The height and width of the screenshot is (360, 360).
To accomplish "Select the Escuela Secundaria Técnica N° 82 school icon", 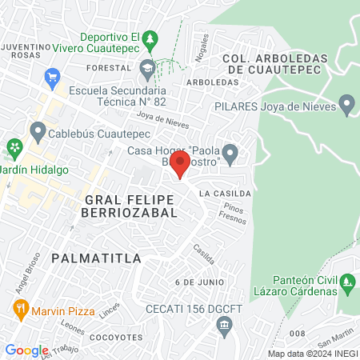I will tap(147, 69).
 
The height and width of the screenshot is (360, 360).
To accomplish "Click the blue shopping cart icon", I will tap(53, 76).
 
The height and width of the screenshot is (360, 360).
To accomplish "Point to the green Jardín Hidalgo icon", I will tap(14, 147).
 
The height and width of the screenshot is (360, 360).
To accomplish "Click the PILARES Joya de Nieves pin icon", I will tap(346, 105).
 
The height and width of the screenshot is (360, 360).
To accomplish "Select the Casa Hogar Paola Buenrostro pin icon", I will tap(230, 153).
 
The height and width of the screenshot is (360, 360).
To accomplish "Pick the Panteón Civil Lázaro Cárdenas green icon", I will tap(346, 282).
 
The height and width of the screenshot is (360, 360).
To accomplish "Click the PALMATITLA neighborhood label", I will tap(95, 258).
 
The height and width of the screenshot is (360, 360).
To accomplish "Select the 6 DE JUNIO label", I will tap(196, 282).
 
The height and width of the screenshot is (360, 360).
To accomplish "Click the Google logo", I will tap(27, 350).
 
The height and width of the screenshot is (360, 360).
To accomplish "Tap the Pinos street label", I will tap(234, 206).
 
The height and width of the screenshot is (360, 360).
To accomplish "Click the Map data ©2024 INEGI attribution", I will tap(312, 354).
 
